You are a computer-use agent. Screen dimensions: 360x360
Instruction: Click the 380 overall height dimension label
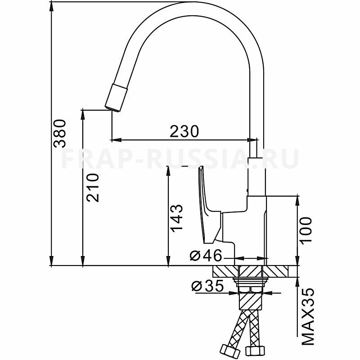[x=60, y=134]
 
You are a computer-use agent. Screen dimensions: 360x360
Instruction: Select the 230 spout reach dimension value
[x=184, y=131]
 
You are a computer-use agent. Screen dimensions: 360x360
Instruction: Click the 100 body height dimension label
[x=306, y=229]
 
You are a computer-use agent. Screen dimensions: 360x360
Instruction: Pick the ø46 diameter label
[x=206, y=256]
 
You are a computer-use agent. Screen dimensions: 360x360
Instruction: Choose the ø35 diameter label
[x=207, y=286]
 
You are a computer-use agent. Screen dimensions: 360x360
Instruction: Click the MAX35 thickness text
[x=307, y=317]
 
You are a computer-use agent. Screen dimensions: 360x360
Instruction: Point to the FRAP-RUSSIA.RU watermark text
[x=180, y=158]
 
